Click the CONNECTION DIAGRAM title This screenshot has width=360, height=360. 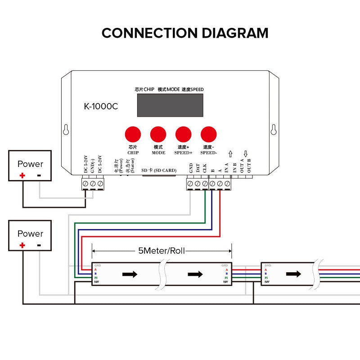(x=184, y=33)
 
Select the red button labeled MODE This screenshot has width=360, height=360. (x=158, y=134)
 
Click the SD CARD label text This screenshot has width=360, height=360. (x=159, y=171)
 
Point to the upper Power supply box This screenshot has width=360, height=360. (x=30, y=166)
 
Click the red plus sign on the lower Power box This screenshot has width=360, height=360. (x=22, y=245)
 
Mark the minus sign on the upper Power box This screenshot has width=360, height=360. (x=39, y=175)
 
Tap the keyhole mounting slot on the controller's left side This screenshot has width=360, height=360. (x=66, y=130)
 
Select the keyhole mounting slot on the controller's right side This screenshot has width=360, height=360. (x=273, y=130)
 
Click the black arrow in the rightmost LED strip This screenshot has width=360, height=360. (x=293, y=274)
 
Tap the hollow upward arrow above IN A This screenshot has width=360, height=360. (x=230, y=153)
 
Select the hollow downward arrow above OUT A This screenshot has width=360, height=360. (x=245, y=153)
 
